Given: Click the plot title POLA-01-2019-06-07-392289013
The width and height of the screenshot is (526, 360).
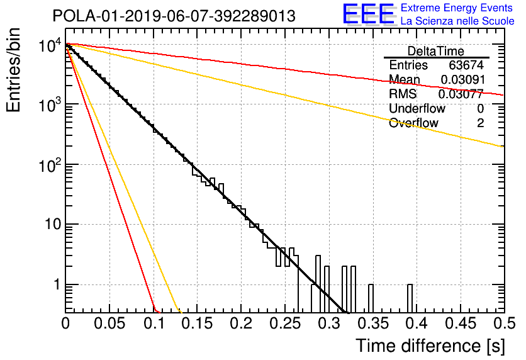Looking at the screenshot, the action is [x=174, y=16].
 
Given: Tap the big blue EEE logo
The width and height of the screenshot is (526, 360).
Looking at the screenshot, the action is [x=369, y=14].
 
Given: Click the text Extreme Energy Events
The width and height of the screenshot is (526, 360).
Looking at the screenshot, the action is [x=457, y=8].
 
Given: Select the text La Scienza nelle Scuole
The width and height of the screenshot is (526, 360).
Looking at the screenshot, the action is [x=457, y=21].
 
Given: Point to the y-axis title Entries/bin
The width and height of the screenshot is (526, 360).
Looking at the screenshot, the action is [x=14, y=70].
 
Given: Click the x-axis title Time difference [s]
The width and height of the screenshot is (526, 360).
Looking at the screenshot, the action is [x=430, y=346].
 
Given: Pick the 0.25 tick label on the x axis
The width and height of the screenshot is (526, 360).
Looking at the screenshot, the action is [x=285, y=323].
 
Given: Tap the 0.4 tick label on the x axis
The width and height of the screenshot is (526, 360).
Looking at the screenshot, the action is [x=416, y=323].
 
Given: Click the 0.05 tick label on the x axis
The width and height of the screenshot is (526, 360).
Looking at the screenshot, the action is [x=109, y=323].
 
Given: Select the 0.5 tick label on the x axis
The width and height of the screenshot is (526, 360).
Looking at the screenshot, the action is [x=503, y=323].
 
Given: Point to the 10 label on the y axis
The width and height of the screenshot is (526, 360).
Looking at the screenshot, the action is [x=53, y=224].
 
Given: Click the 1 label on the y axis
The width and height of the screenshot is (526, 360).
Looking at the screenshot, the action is [x=57, y=284].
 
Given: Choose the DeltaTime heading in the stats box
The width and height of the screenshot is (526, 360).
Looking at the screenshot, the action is [x=436, y=51].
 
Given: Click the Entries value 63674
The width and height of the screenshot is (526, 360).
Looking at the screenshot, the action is [x=466, y=65].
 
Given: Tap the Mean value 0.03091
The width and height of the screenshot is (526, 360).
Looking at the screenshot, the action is [x=462, y=79].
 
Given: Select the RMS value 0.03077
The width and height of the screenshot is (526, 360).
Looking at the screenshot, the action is [x=461, y=94].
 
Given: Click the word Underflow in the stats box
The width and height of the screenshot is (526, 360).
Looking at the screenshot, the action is [x=417, y=108].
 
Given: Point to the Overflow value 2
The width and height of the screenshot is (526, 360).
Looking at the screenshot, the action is [x=480, y=123].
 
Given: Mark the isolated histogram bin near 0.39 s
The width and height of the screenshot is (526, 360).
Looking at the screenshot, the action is [x=410, y=298].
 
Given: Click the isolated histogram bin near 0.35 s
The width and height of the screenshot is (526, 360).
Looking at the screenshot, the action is [x=371, y=298].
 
